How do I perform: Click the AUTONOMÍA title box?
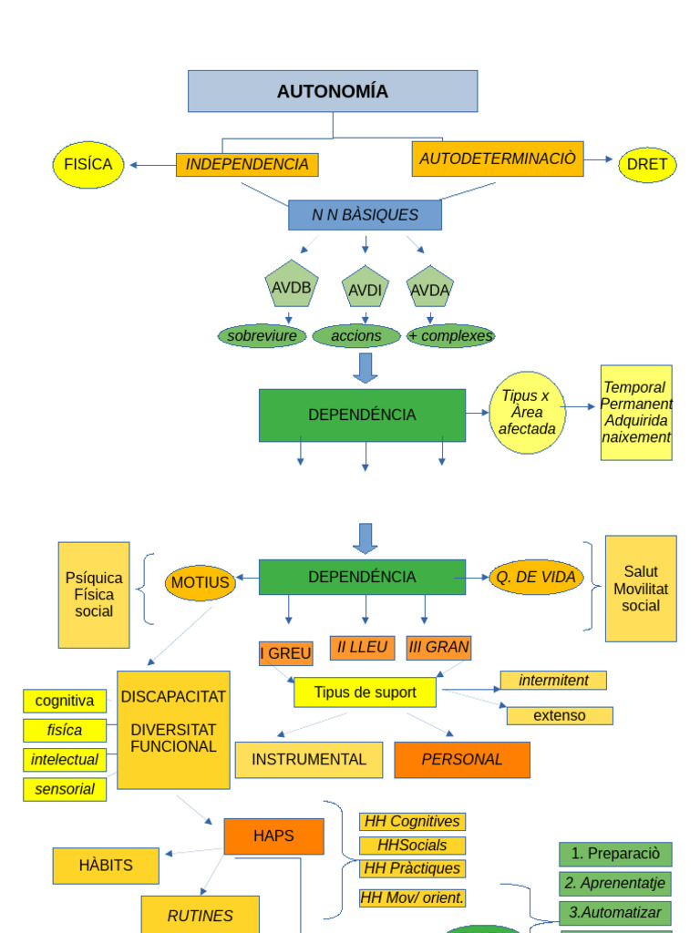click(x=333, y=91)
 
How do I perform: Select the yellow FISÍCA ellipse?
click(x=87, y=165)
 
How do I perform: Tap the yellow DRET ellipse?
click(x=647, y=165)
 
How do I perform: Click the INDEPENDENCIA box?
click(x=247, y=165)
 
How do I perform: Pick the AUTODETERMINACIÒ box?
click(x=498, y=159)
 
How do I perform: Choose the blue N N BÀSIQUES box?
click(x=365, y=215)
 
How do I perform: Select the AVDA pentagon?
click(x=430, y=289)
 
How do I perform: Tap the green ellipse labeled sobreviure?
click(x=262, y=336)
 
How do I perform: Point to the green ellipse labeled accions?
click(x=356, y=336)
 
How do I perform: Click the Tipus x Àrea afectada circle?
click(x=527, y=413)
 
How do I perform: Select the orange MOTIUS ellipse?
click(x=201, y=583)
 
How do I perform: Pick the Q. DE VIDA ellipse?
click(x=536, y=577)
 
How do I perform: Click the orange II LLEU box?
click(x=362, y=648)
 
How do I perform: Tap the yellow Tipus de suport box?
click(x=365, y=692)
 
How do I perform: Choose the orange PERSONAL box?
click(x=462, y=760)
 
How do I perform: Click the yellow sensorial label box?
click(x=65, y=790)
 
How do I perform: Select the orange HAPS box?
click(x=273, y=836)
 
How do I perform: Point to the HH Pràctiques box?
click(x=412, y=869)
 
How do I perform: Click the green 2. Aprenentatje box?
click(x=615, y=884)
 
